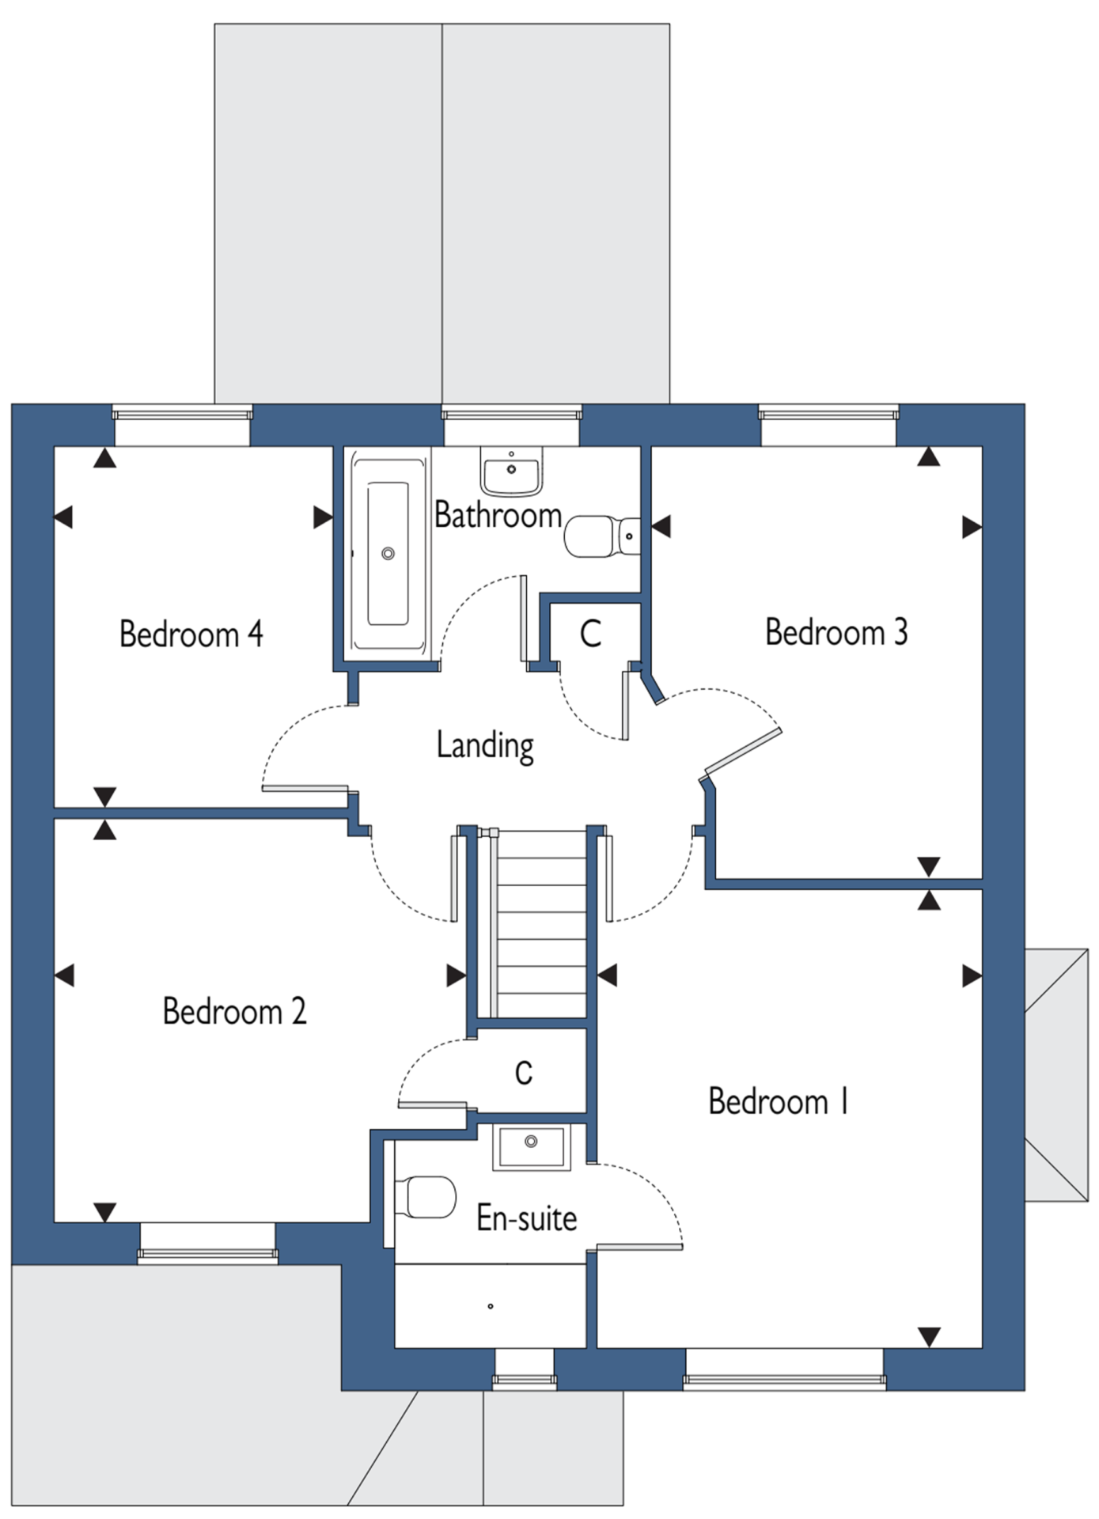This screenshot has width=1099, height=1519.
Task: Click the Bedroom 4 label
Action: click(191, 634)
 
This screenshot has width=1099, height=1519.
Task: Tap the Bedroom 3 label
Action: click(836, 632)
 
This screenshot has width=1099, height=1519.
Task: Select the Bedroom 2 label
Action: click(234, 1011)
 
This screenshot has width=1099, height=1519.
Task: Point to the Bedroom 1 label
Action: click(779, 1101)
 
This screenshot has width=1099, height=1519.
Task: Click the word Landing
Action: click(485, 746)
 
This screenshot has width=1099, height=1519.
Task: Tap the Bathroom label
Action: click(498, 515)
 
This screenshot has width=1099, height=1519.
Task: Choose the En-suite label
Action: click(526, 1218)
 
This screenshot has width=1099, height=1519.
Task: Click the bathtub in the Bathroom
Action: click(388, 553)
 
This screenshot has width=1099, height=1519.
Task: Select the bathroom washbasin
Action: click(512, 470)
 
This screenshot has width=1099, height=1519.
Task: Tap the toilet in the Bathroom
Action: click(602, 536)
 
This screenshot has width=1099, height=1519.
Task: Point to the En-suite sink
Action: click(531, 1148)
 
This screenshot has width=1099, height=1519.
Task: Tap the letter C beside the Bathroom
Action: click(590, 634)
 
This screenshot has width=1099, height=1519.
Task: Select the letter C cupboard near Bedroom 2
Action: click(523, 1073)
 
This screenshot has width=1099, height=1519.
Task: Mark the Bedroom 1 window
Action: click(784, 1369)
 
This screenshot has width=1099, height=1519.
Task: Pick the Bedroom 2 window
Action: click(208, 1243)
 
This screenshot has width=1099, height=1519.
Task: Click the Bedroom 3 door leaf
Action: click(743, 749)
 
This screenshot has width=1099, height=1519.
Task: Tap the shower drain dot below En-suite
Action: click(491, 1306)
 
